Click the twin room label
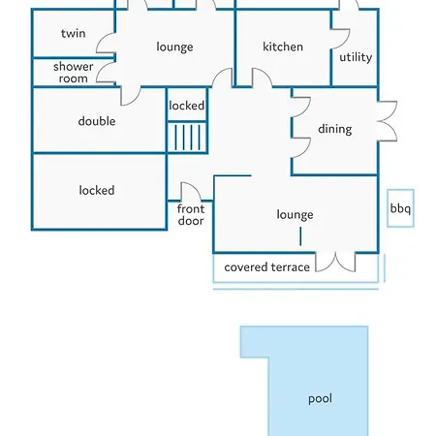[74, 33]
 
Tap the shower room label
[74, 73]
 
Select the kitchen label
[283, 47]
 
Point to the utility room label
[356, 57]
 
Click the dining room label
[335, 129]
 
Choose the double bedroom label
[97, 121]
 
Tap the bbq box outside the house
[400, 208]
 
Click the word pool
[320, 399]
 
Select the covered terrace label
[266, 267]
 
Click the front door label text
[191, 215]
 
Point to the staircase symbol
[187, 137]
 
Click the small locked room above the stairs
[187, 106]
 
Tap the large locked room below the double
[97, 191]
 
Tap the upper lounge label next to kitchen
[174, 47]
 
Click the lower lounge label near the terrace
[295, 215]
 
